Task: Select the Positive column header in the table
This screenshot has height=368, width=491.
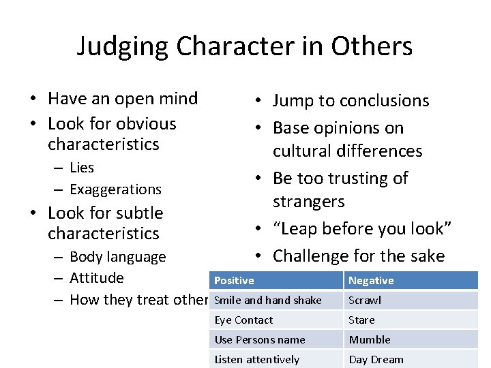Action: pyautogui.click(x=234, y=281)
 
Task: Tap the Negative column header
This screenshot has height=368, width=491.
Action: pyautogui.click(x=371, y=281)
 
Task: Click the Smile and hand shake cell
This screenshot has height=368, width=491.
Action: pyautogui.click(x=268, y=301)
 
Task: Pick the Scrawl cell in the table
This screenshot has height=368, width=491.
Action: pyautogui.click(x=365, y=301)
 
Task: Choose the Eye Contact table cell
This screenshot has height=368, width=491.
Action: pyautogui.click(x=243, y=320)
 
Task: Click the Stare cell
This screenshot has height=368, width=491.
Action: pyautogui.click(x=361, y=320)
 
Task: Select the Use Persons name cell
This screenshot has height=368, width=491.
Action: pyautogui.click(x=260, y=340)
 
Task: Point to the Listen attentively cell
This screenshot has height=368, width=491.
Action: pyautogui.click(x=257, y=360)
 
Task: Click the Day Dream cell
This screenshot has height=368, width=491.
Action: pyautogui.click(x=376, y=360)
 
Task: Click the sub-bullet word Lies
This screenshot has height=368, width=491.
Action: pyautogui.click(x=82, y=168)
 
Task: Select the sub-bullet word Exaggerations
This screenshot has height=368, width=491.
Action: pyautogui.click(x=115, y=189)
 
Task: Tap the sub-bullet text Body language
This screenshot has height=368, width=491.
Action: pyautogui.click(x=117, y=257)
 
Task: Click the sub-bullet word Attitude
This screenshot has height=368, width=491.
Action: pyautogui.click(x=97, y=278)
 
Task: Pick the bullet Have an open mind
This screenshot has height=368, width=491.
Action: pyautogui.click(x=123, y=99)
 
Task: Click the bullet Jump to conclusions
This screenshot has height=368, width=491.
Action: pyautogui.click(x=351, y=101)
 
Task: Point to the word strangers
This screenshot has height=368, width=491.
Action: pyautogui.click(x=308, y=202)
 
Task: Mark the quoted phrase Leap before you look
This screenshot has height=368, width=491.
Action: pyautogui.click(x=362, y=229)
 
